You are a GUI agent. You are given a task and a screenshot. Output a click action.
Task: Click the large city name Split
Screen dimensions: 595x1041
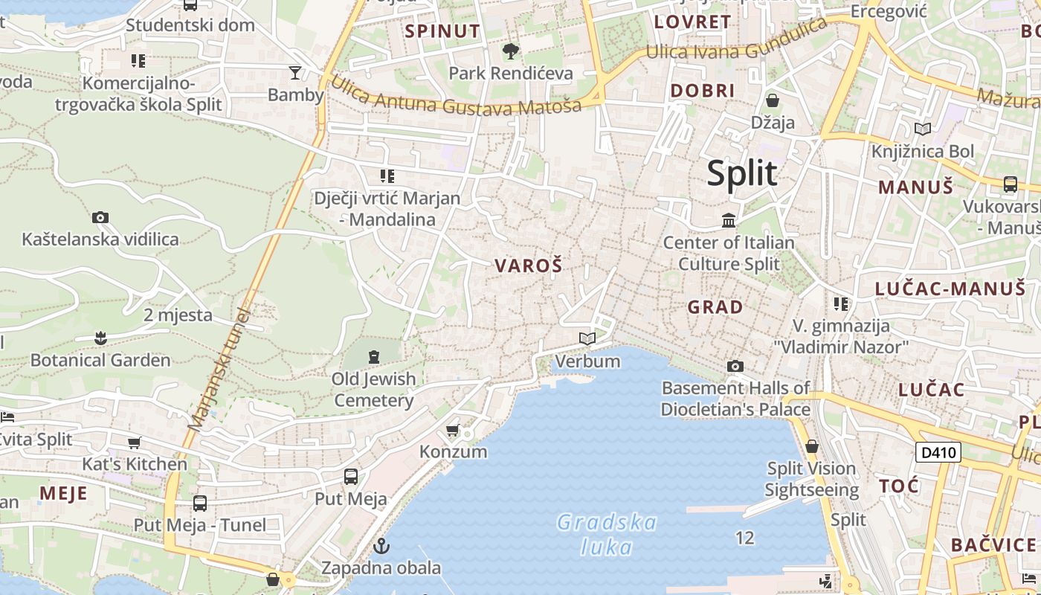tap(741, 173)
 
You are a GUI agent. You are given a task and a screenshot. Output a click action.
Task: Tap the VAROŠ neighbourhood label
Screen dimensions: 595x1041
tap(528, 266)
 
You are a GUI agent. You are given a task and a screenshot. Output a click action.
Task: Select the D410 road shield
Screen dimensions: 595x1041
tap(938, 452)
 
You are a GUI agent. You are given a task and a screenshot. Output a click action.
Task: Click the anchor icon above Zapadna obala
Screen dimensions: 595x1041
tap(381, 547)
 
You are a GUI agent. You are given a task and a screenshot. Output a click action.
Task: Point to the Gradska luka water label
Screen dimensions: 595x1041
tap(607, 535)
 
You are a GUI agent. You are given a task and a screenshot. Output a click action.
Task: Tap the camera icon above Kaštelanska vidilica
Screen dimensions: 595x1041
tap(100, 217)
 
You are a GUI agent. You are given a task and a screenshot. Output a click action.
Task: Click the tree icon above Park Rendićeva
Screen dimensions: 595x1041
tap(511, 51)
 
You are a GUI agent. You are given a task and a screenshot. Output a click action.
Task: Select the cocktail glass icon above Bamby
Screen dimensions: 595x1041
tap(295, 72)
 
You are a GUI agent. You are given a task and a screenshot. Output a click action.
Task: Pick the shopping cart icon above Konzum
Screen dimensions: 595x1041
tap(452, 431)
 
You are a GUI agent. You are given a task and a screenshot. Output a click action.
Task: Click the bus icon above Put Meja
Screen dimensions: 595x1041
tap(351, 477)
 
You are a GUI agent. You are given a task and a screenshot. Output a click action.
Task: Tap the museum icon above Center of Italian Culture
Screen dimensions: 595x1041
tap(729, 220)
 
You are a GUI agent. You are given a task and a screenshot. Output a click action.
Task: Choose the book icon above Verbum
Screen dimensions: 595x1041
tap(587, 339)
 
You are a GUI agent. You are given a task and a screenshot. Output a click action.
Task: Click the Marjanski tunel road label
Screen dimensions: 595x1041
tap(221, 370)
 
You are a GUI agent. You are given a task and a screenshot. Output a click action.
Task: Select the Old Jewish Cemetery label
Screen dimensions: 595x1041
tap(373, 390)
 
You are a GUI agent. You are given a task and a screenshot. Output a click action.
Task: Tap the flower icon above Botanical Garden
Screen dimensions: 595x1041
tap(100, 338)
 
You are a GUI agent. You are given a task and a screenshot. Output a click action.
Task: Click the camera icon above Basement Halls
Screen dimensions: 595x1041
tap(735, 366)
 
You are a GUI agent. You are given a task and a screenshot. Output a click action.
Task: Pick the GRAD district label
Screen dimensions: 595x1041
tap(715, 307)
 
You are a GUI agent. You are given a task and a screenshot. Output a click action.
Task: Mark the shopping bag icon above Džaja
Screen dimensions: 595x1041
tap(773, 100)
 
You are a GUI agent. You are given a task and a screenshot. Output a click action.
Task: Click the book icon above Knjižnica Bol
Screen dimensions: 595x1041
tap(923, 129)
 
